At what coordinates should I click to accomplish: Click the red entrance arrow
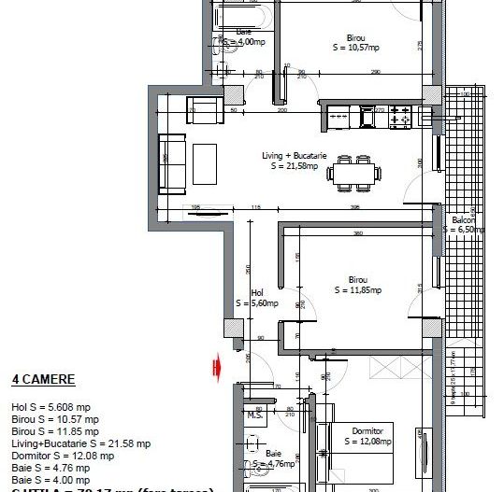pyautogui.click(x=217, y=367)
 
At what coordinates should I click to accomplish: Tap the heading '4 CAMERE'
pyautogui.click(x=43, y=380)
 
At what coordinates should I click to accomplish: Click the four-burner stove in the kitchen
pyautogui.click(x=399, y=117)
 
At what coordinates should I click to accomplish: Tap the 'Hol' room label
pyautogui.click(x=257, y=292)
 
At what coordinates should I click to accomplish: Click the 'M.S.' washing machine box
pyautogui.click(x=253, y=415)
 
